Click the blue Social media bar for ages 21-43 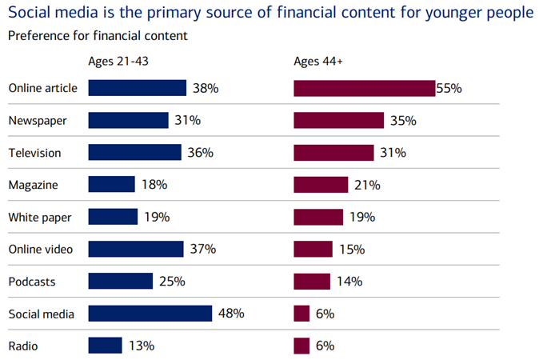[x=150, y=314]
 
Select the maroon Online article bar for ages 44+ [x=364, y=88]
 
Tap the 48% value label [x=231, y=314]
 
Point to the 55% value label [x=449, y=88]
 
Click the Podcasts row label [x=31, y=282]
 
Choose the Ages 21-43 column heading [x=118, y=61]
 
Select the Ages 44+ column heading [x=318, y=61]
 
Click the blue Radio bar [x=105, y=346]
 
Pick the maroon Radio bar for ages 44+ [x=301, y=346]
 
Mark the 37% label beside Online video [x=203, y=249]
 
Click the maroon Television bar [x=333, y=152]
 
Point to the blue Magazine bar [x=111, y=185]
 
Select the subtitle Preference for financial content [x=98, y=35]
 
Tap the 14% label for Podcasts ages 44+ [x=349, y=282]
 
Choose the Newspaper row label [x=37, y=120]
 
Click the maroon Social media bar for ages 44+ [x=301, y=314]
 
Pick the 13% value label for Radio [x=141, y=346]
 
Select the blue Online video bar [x=136, y=249]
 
